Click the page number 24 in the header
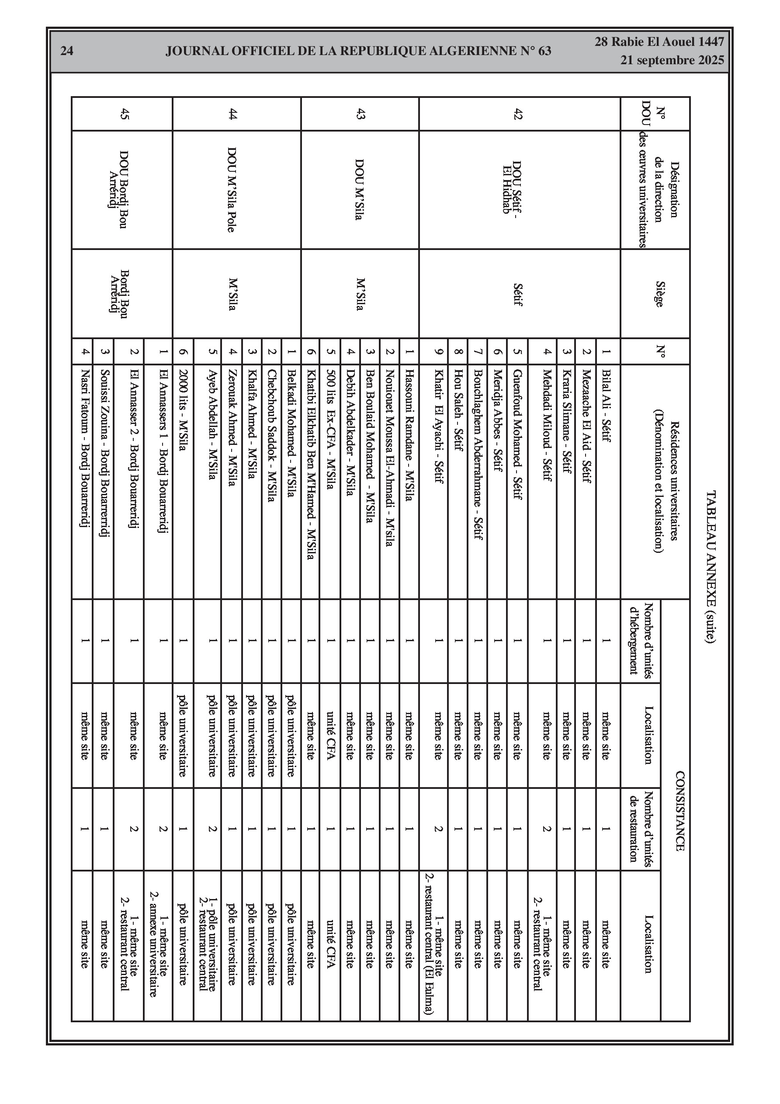pyautogui.click(x=67, y=51)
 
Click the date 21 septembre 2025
pyautogui.click(x=672, y=61)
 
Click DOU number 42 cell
pyautogui.click(x=518, y=114)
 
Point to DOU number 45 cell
pyautogui.click(x=125, y=114)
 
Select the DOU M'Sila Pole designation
pyautogui.click(x=232, y=190)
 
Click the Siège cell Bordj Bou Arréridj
pyautogui.click(x=118, y=294)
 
